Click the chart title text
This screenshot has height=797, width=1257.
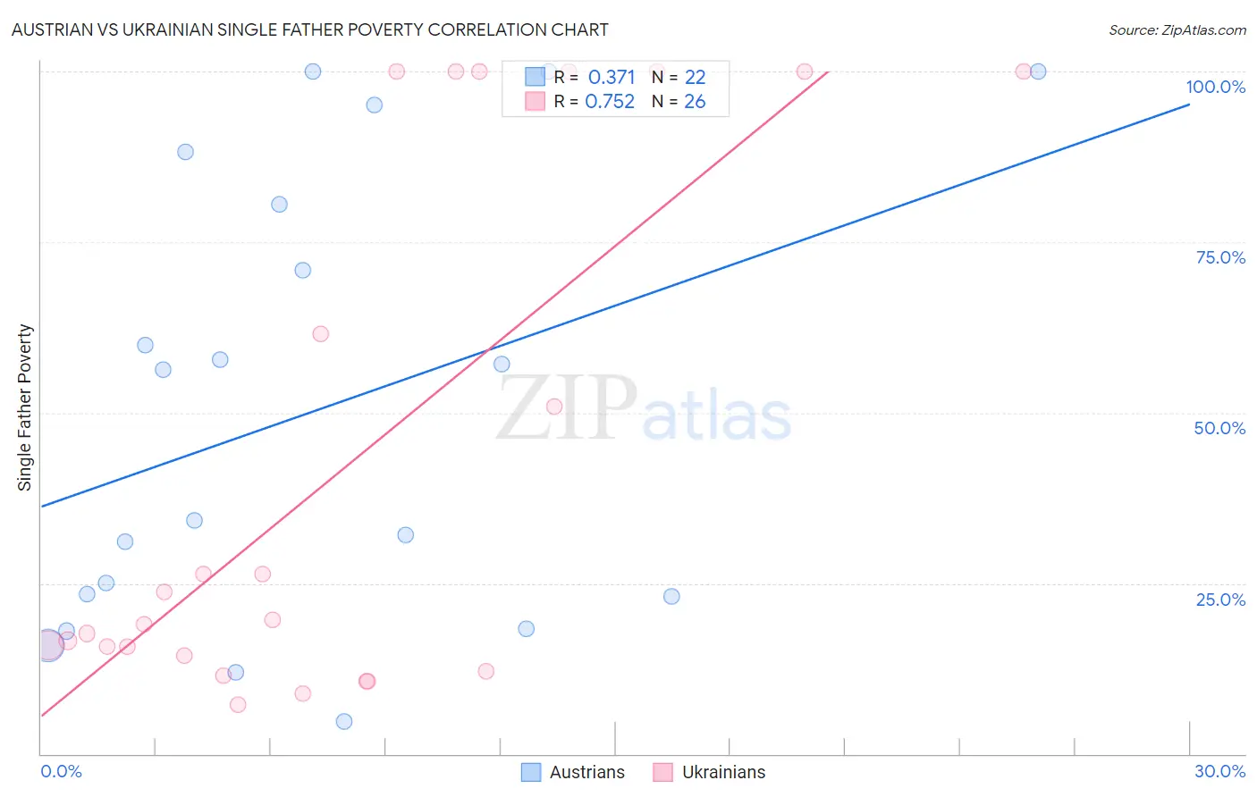[309, 29]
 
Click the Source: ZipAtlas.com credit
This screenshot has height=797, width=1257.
[1177, 29]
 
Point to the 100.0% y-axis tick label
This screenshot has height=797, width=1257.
[1215, 87]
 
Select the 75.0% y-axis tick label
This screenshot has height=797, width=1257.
[1220, 257]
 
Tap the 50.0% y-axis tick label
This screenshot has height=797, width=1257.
[1219, 428]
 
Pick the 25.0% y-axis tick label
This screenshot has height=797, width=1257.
[1220, 599]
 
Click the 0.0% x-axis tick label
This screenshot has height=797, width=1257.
[61, 771]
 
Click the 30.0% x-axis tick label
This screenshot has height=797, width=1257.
[1219, 771]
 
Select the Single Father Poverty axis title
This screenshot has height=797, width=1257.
[24, 407]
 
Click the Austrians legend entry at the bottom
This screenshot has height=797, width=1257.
[573, 772]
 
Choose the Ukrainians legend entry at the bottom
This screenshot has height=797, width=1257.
[709, 772]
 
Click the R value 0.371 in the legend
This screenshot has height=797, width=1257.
[612, 78]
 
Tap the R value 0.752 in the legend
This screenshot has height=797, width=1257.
[610, 102]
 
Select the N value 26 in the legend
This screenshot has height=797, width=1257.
[695, 102]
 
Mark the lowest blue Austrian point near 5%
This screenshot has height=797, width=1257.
[344, 721]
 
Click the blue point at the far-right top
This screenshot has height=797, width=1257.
[1038, 71]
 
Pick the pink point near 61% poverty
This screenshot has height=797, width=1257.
[321, 334]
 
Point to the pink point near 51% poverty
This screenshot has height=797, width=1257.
[554, 407]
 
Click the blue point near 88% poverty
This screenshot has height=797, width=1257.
[185, 152]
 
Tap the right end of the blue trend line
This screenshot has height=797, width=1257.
[1189, 105]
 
